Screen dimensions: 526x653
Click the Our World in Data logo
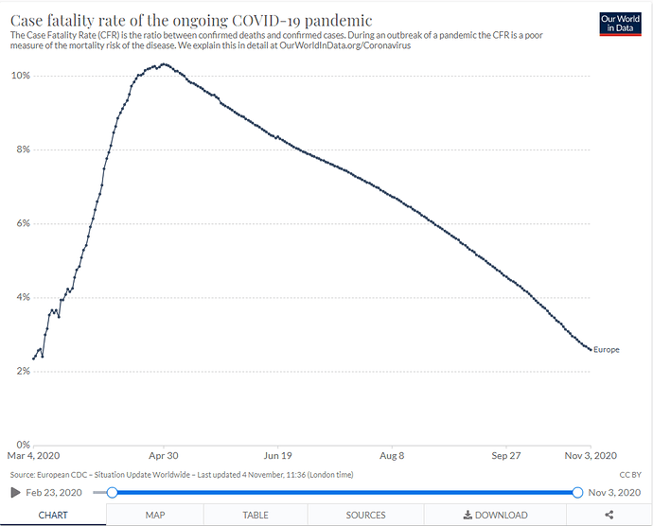pyautogui.click(x=621, y=25)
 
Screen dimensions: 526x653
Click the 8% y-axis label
pyautogui.click(x=21, y=149)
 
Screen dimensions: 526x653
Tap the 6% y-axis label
pyautogui.click(x=21, y=223)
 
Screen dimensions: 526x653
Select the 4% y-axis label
pyautogui.click(x=21, y=297)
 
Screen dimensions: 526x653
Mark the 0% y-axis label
pyautogui.click(x=21, y=445)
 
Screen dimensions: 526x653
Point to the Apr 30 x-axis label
pyautogui.click(x=164, y=456)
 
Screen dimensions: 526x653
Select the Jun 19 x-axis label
pyautogui.click(x=278, y=456)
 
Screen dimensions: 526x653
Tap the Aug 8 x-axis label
pyautogui.click(x=391, y=456)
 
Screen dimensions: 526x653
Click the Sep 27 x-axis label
pyautogui.click(x=506, y=456)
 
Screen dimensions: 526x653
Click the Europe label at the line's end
pyautogui.click(x=607, y=350)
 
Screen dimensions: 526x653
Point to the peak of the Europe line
pyautogui.click(x=164, y=64)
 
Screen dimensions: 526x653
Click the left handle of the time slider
pyautogui.click(x=112, y=492)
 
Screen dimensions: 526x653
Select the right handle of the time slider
pyautogui.click(x=577, y=492)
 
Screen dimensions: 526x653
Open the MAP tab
pyautogui.click(x=155, y=515)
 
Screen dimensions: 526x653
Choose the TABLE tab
pyautogui.click(x=256, y=515)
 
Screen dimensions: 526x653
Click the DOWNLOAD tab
pyautogui.click(x=495, y=515)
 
